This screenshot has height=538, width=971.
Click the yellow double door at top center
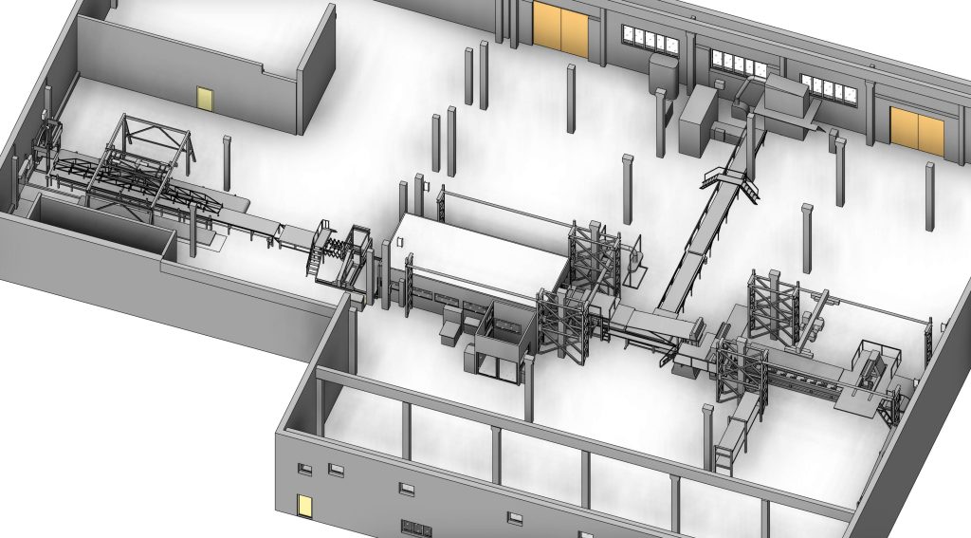tap(560, 28)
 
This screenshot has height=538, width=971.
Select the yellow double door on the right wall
tap(918, 132)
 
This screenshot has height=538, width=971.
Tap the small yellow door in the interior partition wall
tap(204, 98)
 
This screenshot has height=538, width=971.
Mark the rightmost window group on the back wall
tap(828, 88)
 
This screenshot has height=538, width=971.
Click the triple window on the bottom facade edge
tap(415, 528)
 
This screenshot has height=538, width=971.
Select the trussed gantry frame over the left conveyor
tap(147, 157)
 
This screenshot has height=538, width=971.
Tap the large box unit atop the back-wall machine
tap(786, 96)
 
